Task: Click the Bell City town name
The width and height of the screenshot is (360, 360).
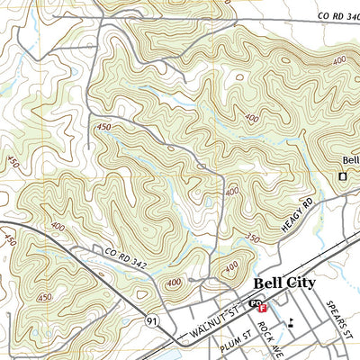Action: pyautogui.click(x=284, y=283)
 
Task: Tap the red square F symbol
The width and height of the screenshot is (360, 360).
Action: pyautogui.click(x=263, y=308)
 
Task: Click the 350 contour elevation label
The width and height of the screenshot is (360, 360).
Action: pyautogui.click(x=254, y=239)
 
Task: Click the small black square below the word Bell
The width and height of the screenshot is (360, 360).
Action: pyautogui.click(x=342, y=176)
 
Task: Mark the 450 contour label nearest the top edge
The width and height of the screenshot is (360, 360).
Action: pyautogui.click(x=103, y=127)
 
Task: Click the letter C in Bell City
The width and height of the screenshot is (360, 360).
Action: pyautogui.click(x=291, y=283)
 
